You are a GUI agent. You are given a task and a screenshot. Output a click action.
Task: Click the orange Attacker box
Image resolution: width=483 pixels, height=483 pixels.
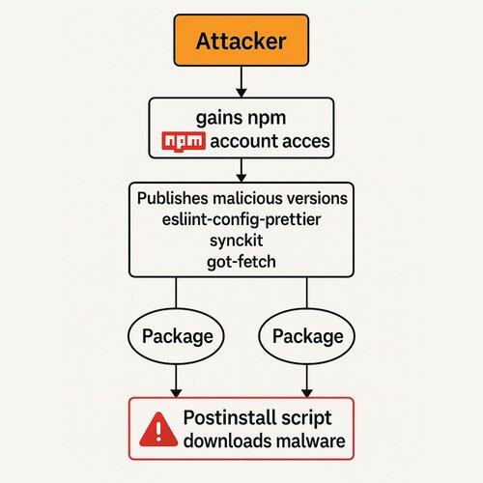pyautogui.click(x=241, y=41)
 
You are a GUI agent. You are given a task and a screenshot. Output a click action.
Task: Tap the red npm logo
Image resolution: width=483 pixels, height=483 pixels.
pyautogui.click(x=184, y=142)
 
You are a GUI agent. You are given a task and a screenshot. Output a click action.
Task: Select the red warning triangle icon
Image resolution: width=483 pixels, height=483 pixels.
pyautogui.click(x=158, y=430)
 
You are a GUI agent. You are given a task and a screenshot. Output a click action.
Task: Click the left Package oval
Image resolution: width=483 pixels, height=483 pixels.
pyautogui.click(x=176, y=336)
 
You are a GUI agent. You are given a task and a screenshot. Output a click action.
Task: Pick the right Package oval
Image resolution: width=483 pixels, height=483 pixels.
pyautogui.click(x=306, y=336)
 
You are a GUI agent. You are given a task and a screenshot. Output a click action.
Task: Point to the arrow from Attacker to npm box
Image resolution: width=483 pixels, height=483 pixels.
pyautogui.click(x=241, y=82)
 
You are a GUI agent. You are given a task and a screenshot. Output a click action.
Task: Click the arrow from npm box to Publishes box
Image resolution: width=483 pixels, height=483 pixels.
pyautogui.click(x=241, y=170)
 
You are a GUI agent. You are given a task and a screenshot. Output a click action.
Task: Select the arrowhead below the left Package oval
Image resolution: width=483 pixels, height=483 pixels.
pyautogui.click(x=176, y=393)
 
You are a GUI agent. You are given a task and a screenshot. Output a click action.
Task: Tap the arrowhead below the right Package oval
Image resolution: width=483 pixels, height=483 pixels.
pyautogui.click(x=307, y=393)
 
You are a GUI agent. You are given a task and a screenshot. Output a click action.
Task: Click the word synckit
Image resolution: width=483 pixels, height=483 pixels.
pyautogui.click(x=237, y=241)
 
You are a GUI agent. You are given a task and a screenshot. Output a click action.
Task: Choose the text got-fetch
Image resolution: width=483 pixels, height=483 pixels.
pyautogui.click(x=241, y=262)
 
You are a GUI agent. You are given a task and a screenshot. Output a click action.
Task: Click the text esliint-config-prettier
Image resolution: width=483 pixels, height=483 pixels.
pyautogui.click(x=241, y=219)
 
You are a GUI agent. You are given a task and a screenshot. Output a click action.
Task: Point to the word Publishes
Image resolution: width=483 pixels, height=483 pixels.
pyautogui.click(x=172, y=198)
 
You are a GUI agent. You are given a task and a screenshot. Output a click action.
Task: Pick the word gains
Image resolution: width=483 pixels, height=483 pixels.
pyautogui.click(x=214, y=119)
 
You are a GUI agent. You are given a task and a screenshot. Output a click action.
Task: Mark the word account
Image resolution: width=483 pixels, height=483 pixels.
pyautogui.click(x=240, y=142)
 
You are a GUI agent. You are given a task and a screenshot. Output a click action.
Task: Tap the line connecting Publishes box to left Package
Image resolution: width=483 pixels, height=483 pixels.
pyautogui.click(x=176, y=293)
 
